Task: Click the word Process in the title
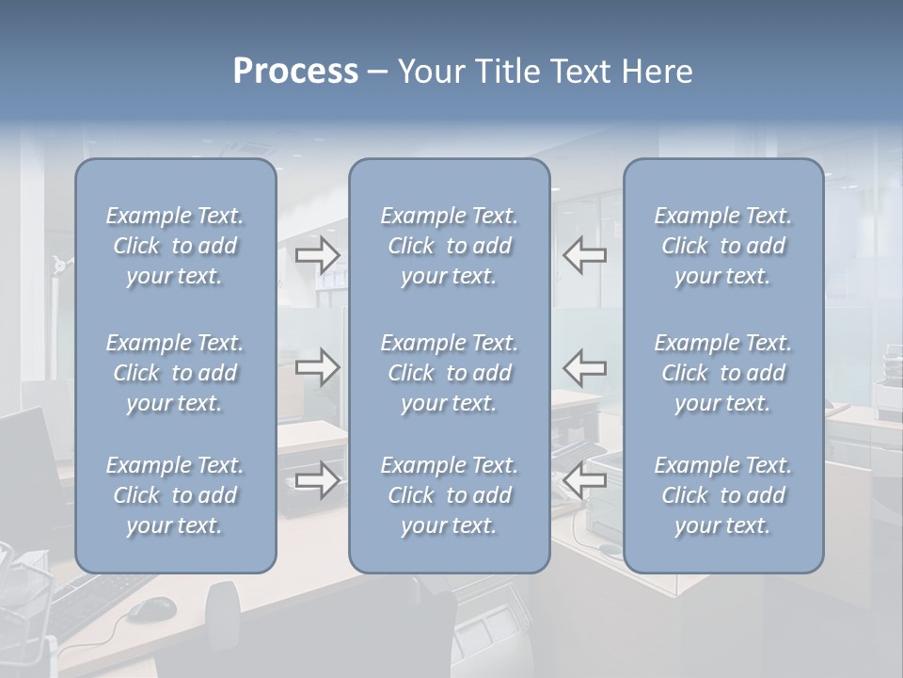(295, 72)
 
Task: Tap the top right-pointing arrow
(317, 254)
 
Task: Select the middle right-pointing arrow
(317, 367)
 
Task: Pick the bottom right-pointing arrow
(317, 480)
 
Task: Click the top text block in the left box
(175, 246)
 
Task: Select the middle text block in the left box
(175, 373)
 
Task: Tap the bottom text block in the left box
(175, 495)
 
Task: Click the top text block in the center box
(449, 246)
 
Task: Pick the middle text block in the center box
(449, 373)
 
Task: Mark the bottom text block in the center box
(449, 495)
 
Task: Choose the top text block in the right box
(722, 246)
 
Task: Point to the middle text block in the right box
(722, 373)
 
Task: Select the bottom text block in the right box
(722, 495)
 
